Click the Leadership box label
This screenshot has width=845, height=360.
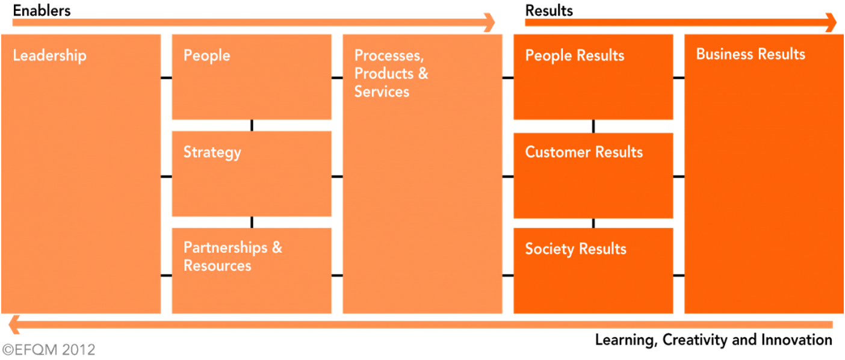pos(50,55)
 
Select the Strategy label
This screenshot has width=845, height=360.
pos(212,152)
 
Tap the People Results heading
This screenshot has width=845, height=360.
pos(575,55)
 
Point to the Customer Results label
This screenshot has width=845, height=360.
pos(584,152)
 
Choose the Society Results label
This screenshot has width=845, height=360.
pos(576,249)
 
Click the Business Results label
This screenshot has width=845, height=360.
pos(751,54)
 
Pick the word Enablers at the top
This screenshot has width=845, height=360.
pos(42,11)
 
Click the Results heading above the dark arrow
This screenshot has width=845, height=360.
pos(549,11)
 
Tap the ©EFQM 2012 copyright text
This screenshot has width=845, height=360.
pos(49,350)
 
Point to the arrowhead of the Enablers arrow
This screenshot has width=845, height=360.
pos(490,22)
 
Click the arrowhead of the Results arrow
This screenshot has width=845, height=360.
pos(831,22)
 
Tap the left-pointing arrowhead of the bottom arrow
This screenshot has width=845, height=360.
pos(14,324)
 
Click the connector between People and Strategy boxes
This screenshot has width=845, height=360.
pos(252,125)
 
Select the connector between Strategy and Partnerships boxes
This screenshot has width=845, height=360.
pos(252,222)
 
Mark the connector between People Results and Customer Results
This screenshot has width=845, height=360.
pos(593,126)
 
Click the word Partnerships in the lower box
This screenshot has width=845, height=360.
pos(226,248)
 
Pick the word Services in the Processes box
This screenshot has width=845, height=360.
pos(382,92)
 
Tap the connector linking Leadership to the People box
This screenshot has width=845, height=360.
pos(166,78)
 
